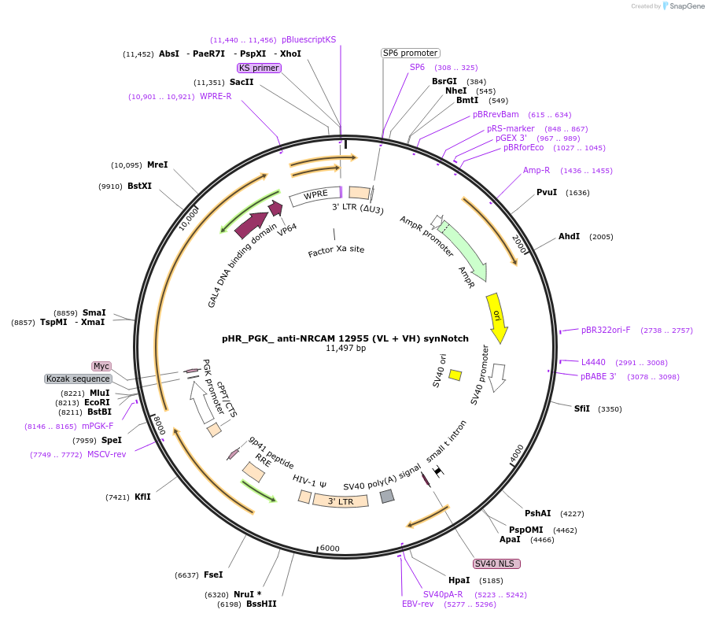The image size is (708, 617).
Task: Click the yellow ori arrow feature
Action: [x=497, y=316]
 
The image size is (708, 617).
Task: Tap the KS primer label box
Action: [x=259, y=68]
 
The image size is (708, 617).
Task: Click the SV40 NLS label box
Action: [x=496, y=563]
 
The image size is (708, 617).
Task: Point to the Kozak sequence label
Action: [x=78, y=379]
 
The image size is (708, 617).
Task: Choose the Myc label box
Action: [x=101, y=366]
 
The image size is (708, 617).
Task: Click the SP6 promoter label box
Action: [x=410, y=53]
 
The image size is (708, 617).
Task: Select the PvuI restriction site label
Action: [x=547, y=192]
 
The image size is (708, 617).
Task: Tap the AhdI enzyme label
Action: [x=569, y=236]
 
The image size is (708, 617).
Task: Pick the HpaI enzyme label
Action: [x=459, y=580]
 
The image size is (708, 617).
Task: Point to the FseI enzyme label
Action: [x=212, y=575]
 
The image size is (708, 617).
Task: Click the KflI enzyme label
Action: [x=142, y=497]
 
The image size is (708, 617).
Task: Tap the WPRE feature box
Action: [x=315, y=195]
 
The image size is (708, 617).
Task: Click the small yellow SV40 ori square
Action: [x=455, y=375]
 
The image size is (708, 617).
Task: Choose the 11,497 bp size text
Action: [x=345, y=348]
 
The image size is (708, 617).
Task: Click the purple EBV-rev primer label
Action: [x=418, y=604]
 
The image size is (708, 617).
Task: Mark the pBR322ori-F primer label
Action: [x=606, y=330]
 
